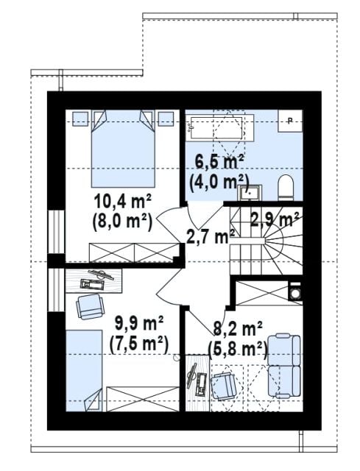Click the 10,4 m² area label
pos(123,202)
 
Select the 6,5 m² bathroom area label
pos(219,163)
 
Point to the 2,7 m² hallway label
pos(211,237)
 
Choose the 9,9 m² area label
pos(139,324)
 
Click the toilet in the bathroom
pos(286,188)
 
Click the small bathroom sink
pos(250,193)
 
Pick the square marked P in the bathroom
pos(290,121)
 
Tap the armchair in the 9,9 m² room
pos(90,306)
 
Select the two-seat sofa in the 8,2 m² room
pos(284,366)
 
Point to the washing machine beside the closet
pos(295,291)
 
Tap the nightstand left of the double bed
pos(80,119)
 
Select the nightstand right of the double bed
pos(166,119)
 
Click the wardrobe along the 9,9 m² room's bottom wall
pos(143,399)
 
